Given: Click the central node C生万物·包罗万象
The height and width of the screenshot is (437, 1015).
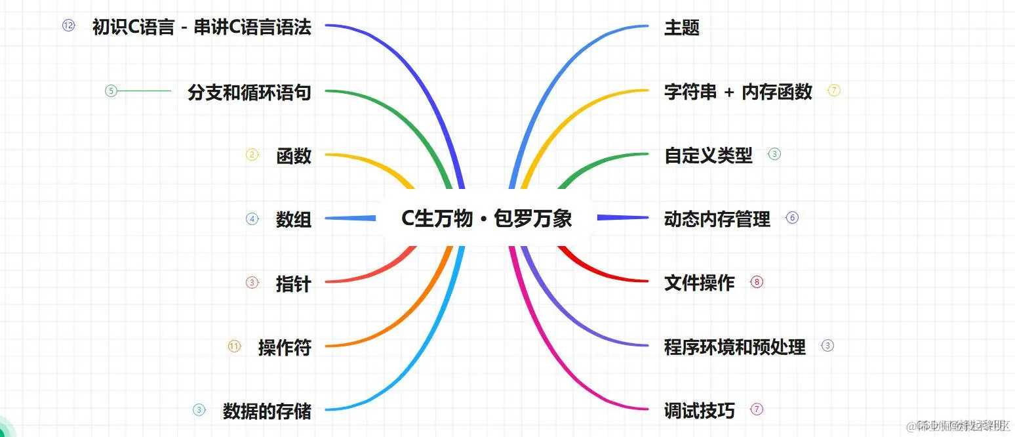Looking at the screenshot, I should click(487, 218).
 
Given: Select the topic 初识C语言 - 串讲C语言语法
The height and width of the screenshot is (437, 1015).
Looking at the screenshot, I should click(201, 28).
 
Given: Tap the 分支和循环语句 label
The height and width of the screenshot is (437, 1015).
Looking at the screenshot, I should click(249, 92).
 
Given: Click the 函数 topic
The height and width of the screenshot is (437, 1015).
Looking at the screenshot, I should click(293, 156).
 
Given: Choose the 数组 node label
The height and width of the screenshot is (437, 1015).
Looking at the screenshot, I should click(293, 219).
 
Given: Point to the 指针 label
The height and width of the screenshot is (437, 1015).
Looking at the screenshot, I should click(293, 283).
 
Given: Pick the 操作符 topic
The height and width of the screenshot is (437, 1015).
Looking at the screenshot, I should click(285, 347).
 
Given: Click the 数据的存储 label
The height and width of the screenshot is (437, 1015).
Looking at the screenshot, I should click(267, 411).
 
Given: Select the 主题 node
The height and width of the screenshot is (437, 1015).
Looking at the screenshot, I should click(682, 28).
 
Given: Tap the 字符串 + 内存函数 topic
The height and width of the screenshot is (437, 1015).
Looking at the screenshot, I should click(738, 92).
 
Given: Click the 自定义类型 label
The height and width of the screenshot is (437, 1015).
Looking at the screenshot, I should click(708, 156).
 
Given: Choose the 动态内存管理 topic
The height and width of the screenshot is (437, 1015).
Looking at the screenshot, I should click(717, 219).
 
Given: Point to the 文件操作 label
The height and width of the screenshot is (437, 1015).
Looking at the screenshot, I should click(700, 283).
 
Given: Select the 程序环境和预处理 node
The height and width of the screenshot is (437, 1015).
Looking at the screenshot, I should click(735, 346).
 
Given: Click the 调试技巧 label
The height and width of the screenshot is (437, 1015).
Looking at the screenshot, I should click(700, 411).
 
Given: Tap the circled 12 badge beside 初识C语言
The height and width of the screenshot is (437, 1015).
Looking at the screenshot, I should click(69, 26).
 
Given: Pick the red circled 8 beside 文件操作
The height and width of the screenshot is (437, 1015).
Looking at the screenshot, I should click(757, 282).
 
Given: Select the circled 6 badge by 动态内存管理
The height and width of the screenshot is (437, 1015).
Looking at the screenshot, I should click(792, 218).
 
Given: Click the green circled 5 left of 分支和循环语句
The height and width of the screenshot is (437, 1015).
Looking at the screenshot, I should click(111, 91).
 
